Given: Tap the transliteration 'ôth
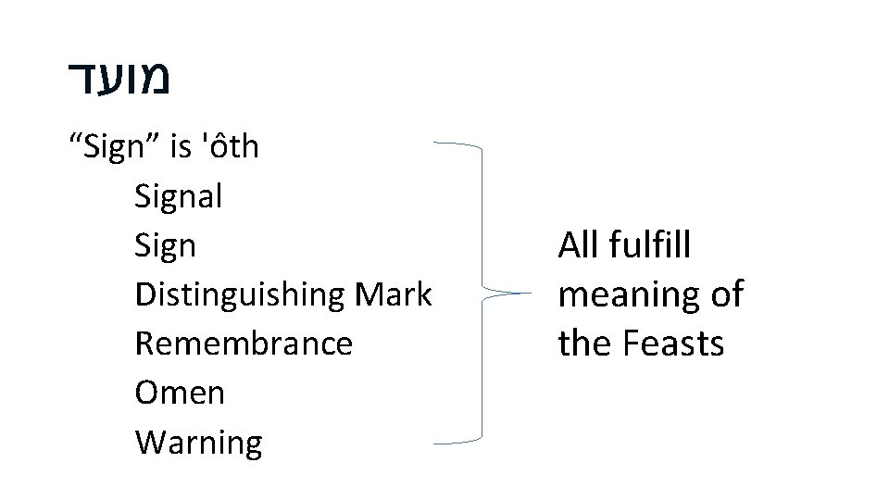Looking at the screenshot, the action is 230,146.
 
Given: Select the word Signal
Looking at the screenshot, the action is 179,196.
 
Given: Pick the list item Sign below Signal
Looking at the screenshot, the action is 166,246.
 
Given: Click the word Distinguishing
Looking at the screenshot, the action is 240,295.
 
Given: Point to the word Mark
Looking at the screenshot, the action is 394,294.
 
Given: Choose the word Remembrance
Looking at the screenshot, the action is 244,344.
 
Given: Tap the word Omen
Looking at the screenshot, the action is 180,393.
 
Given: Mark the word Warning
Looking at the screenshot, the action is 198,443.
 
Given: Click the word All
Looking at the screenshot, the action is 579,246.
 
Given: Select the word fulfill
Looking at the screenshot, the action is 657,246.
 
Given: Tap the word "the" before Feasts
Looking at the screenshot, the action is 585,344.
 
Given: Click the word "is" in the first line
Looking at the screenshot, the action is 180,147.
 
